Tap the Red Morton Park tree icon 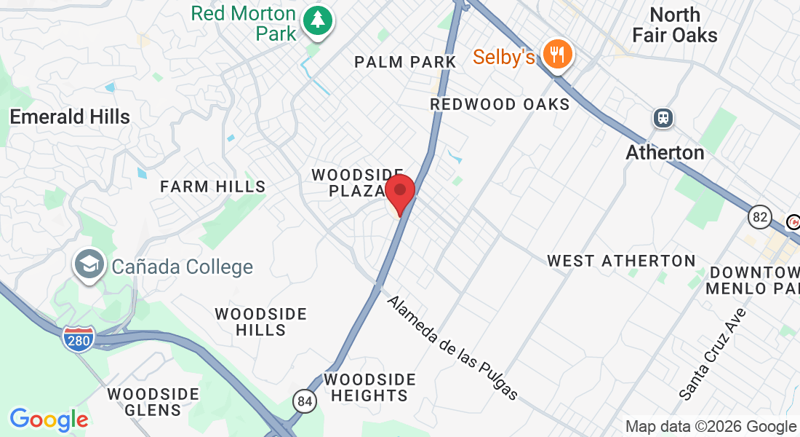pos(317,20)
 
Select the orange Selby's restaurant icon pos(557,54)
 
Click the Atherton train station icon pos(663,118)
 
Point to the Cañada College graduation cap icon pos(90,265)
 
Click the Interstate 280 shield pos(78,339)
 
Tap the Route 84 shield pos(305,401)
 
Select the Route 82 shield pos(760,216)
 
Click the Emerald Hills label pos(70,117)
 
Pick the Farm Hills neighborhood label pos(213,186)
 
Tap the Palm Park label pos(405,62)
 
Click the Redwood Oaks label pos(500,104)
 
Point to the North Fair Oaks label pos(675,25)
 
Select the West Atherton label pos(621,260)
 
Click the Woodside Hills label pos(261,321)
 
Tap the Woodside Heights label pos(369,387)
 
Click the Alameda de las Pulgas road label pos(452,347)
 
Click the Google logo pos(49,420)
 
